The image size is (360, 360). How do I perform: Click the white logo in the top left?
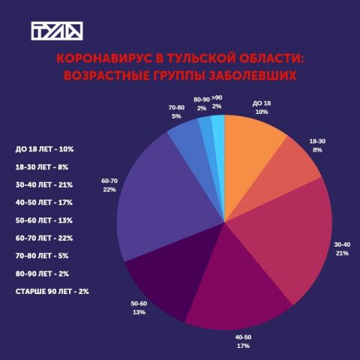57,31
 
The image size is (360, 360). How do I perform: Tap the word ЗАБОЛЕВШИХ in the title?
253,76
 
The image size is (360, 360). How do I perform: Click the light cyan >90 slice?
218,140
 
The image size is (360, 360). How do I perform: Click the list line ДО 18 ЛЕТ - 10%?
44,149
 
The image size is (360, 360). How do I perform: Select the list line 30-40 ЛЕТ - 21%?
44,184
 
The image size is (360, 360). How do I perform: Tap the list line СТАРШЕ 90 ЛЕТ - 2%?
52,292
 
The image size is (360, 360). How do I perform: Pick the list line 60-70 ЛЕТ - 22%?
44,238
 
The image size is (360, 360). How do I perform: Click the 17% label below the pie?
243,346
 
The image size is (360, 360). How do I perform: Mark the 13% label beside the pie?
139,312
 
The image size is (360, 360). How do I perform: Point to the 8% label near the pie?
317,150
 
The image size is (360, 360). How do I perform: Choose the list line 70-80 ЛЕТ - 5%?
42,256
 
